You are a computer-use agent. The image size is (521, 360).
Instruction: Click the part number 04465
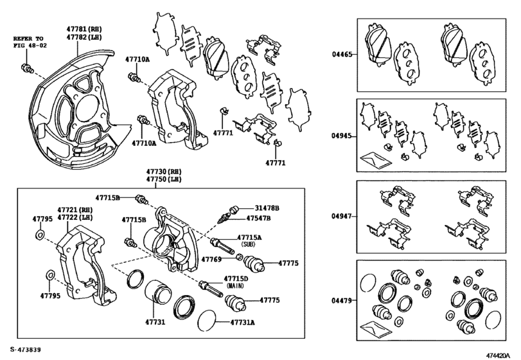pyautogui.click(x=342, y=54)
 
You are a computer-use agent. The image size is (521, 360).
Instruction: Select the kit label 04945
pyautogui.click(x=341, y=136)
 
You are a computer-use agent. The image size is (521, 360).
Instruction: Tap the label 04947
pyautogui.click(x=341, y=217)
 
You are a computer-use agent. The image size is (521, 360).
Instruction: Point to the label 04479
pyautogui.click(x=341, y=301)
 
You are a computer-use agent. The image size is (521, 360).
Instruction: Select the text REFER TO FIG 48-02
pyautogui.click(x=30, y=42)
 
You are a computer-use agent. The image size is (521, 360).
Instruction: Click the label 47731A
pyautogui.click(x=244, y=322)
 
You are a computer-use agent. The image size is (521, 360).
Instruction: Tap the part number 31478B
pyautogui.click(x=267, y=208)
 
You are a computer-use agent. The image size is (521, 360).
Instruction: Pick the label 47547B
pyautogui.click(x=258, y=219)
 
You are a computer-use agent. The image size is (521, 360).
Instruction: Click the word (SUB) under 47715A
pyautogui.click(x=248, y=244)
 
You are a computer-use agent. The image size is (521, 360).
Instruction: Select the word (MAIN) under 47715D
pyautogui.click(x=235, y=285)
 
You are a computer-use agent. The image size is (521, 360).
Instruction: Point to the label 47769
pyautogui.click(x=211, y=259)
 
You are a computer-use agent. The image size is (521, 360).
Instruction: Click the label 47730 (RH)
pyautogui.click(x=164, y=172)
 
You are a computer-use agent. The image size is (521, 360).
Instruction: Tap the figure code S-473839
pyautogui.click(x=26, y=350)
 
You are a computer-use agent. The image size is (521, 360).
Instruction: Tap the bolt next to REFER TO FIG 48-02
pyautogui.click(x=27, y=68)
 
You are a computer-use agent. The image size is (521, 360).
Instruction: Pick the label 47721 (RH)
pyautogui.click(x=75, y=210)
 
